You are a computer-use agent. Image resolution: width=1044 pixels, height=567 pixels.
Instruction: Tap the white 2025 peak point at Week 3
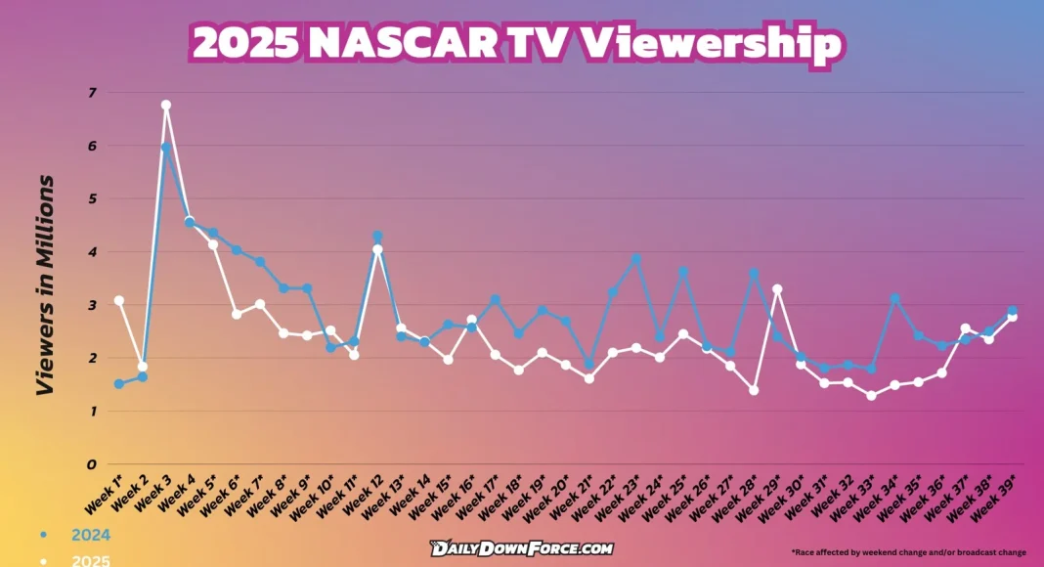tap(166, 105)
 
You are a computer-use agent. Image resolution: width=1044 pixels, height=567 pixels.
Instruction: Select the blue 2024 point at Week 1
tap(119, 384)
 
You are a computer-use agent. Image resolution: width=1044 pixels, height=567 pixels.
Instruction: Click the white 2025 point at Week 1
tap(119, 300)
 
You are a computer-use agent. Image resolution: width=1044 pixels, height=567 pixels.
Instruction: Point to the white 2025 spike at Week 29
tap(777, 289)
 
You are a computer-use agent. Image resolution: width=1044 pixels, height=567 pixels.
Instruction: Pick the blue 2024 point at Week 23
tap(636, 259)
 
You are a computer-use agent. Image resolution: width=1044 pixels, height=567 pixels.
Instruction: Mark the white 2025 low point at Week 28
tap(754, 390)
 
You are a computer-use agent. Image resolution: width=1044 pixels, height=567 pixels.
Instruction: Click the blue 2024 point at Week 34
tap(894, 298)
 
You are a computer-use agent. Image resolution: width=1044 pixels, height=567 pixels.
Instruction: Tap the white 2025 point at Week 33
tap(871, 395)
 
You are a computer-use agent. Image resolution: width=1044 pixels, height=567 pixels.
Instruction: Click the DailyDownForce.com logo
tap(521, 548)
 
